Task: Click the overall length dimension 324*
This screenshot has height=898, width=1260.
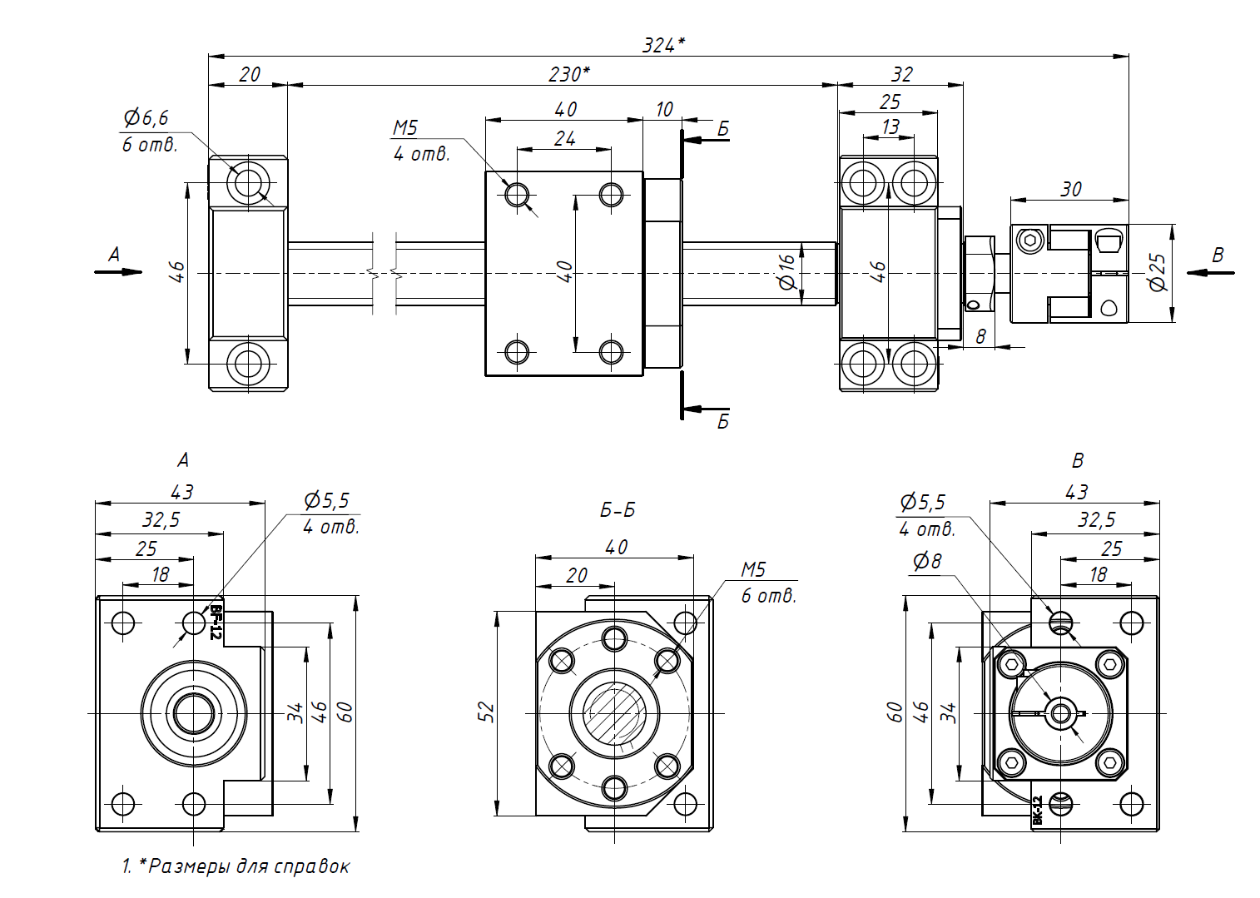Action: (663, 45)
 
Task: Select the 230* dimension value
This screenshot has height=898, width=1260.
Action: (569, 74)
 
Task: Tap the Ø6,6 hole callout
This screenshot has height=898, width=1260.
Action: (146, 118)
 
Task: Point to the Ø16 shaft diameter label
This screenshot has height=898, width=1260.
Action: (786, 272)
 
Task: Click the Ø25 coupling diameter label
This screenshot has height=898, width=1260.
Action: (1157, 272)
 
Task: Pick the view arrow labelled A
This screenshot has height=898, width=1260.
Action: (117, 265)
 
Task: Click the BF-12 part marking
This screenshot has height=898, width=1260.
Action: (215, 622)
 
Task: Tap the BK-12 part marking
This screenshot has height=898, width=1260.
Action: (1037, 810)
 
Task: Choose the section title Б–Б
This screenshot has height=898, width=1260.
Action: (617, 509)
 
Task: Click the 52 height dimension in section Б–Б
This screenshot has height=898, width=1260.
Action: (486, 712)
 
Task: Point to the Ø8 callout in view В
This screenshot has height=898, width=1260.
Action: (926, 562)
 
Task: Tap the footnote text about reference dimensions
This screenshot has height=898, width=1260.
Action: (236, 866)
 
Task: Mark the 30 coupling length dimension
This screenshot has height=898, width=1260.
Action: (1070, 189)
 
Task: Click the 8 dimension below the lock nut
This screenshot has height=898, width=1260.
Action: (981, 336)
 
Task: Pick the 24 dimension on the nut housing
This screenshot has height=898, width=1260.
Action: (564, 138)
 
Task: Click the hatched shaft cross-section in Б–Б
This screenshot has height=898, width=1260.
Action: (614, 713)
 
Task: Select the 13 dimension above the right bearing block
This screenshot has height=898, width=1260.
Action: (890, 127)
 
